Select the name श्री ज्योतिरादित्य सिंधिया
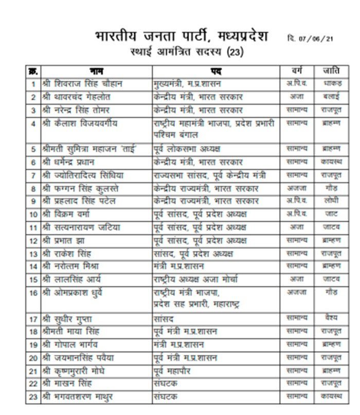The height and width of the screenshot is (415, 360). click(88, 175)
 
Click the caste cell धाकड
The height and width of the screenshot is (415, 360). click(330, 83)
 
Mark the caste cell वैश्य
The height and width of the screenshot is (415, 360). click(330, 318)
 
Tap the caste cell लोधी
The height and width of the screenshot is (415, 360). click(330, 201)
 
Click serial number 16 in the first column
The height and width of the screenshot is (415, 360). click(33, 293)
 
